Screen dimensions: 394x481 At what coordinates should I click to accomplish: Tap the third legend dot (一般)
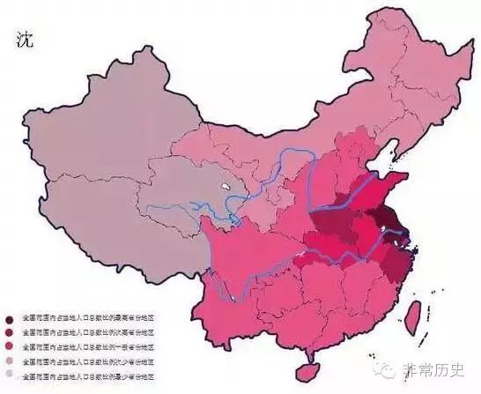[x=10, y=346]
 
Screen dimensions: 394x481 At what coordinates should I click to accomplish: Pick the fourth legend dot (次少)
[x=10, y=361]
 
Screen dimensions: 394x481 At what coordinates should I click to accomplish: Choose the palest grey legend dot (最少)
[x=10, y=375]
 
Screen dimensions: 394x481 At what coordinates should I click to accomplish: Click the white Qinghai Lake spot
[x=226, y=188]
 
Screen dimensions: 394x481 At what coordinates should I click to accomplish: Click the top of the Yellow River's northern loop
[x=300, y=151]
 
